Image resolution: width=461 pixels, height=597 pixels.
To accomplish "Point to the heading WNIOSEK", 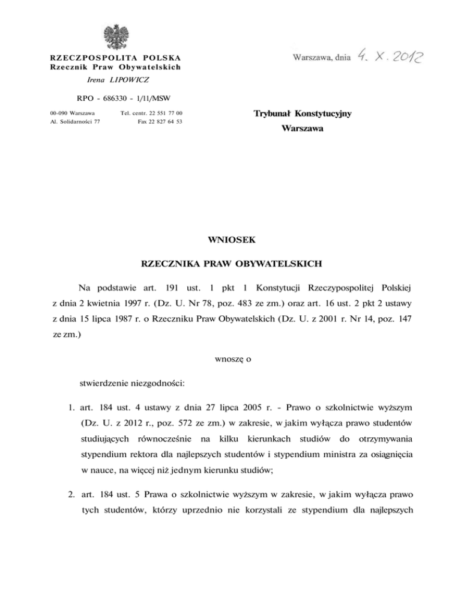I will click(x=231, y=240).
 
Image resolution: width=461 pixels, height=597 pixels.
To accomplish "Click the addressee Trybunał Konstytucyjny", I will click(x=303, y=113).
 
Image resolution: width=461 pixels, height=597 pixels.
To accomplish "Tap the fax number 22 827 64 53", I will click(x=167, y=121).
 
